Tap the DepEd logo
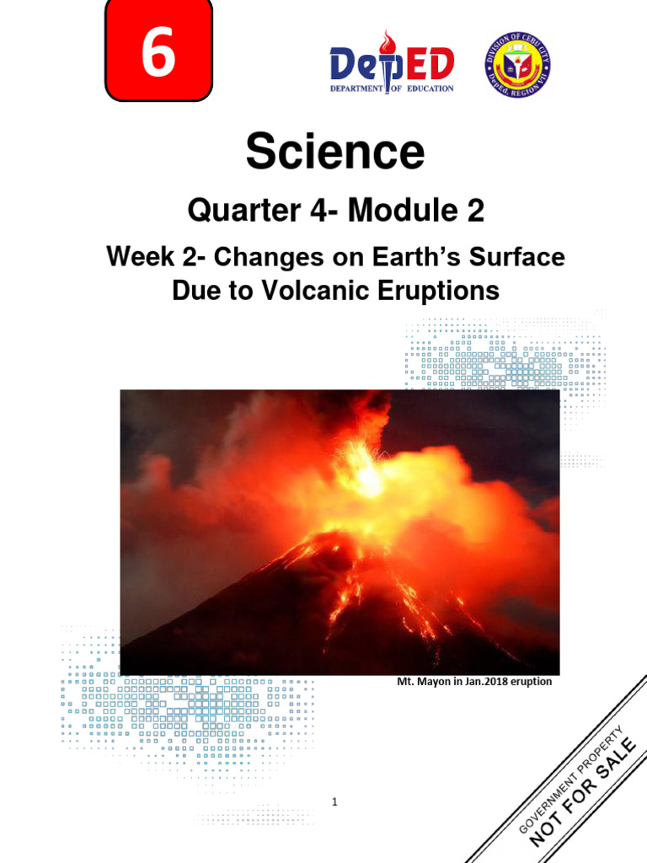pos(392,62)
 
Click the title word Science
pos(334,153)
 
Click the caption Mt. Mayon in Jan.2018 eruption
pos(474,682)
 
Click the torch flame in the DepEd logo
pos(387,42)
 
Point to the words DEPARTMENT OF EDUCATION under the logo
pos(392,88)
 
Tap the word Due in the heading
pos(196,291)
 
